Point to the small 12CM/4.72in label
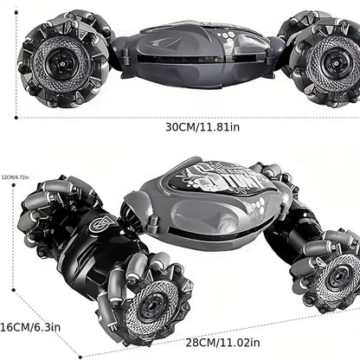tap(16, 177)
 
